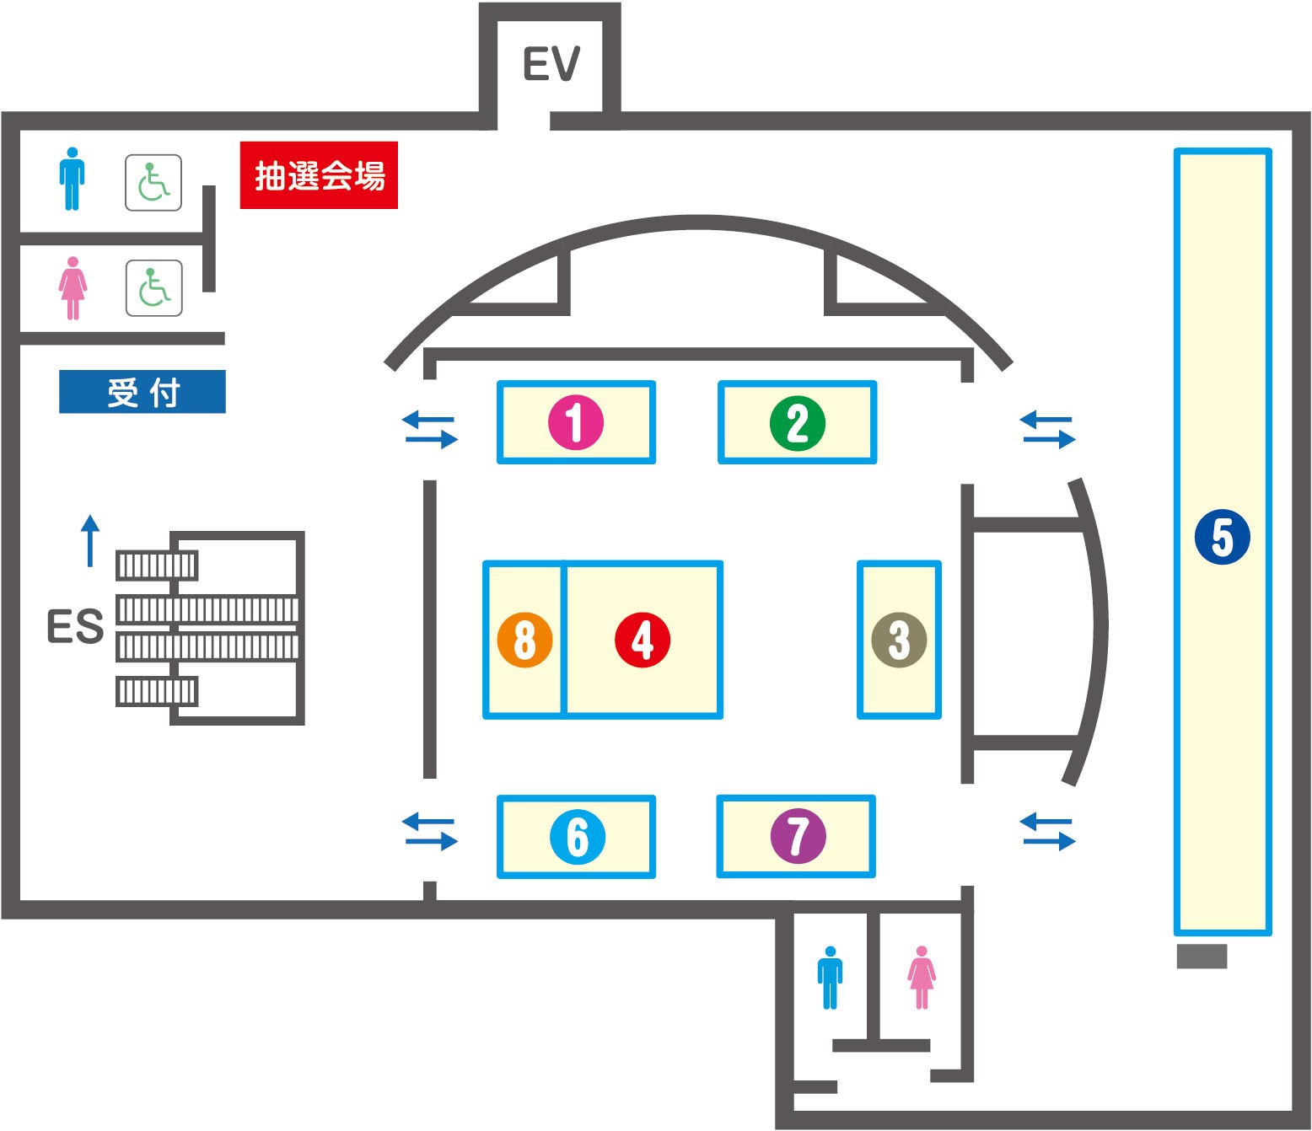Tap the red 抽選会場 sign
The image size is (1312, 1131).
(x=319, y=175)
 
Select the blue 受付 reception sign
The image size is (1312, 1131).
(x=142, y=391)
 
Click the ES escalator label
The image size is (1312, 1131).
(x=75, y=626)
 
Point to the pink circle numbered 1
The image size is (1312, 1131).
(x=576, y=422)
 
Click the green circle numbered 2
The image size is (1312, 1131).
(x=797, y=423)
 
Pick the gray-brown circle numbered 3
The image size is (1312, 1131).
(x=899, y=640)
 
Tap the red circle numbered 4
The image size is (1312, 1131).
(x=643, y=640)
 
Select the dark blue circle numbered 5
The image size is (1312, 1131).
(x=1223, y=538)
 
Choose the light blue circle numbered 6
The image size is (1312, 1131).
(x=577, y=837)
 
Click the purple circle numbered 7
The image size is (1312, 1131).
(x=798, y=835)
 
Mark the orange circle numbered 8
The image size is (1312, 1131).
(x=524, y=640)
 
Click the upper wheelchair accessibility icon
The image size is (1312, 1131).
(x=153, y=183)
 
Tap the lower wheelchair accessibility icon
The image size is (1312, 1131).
(x=154, y=288)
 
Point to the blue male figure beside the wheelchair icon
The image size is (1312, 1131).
(x=72, y=179)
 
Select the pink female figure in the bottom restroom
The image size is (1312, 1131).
(x=921, y=978)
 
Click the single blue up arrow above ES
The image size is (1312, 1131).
(x=90, y=540)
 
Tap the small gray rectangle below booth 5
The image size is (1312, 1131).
(x=1202, y=956)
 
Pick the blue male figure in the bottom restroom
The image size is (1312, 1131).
(x=830, y=978)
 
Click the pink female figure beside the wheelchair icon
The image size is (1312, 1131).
(x=73, y=288)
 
